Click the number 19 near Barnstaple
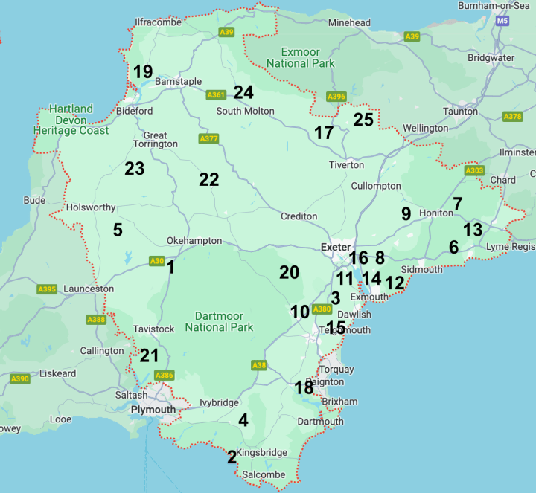[x=142, y=72]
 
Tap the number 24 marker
[x=243, y=93]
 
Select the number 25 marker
[x=363, y=120]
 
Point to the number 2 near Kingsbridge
[x=232, y=457]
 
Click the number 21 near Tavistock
[x=150, y=356]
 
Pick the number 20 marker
[x=289, y=273]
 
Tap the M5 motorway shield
[x=502, y=22]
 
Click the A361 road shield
[x=216, y=94]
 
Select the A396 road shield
[x=336, y=96]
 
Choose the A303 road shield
[x=474, y=170]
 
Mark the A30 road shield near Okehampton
[x=156, y=261]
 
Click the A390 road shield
[x=20, y=379]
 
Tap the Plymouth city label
[x=153, y=410]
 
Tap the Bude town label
[x=34, y=200]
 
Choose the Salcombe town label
[x=264, y=474]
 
